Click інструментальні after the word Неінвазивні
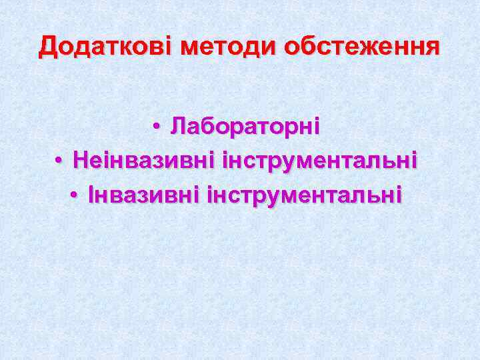click(x=321, y=160)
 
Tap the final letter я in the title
click(x=433, y=47)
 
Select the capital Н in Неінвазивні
click(x=81, y=160)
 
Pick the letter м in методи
click(x=191, y=47)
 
